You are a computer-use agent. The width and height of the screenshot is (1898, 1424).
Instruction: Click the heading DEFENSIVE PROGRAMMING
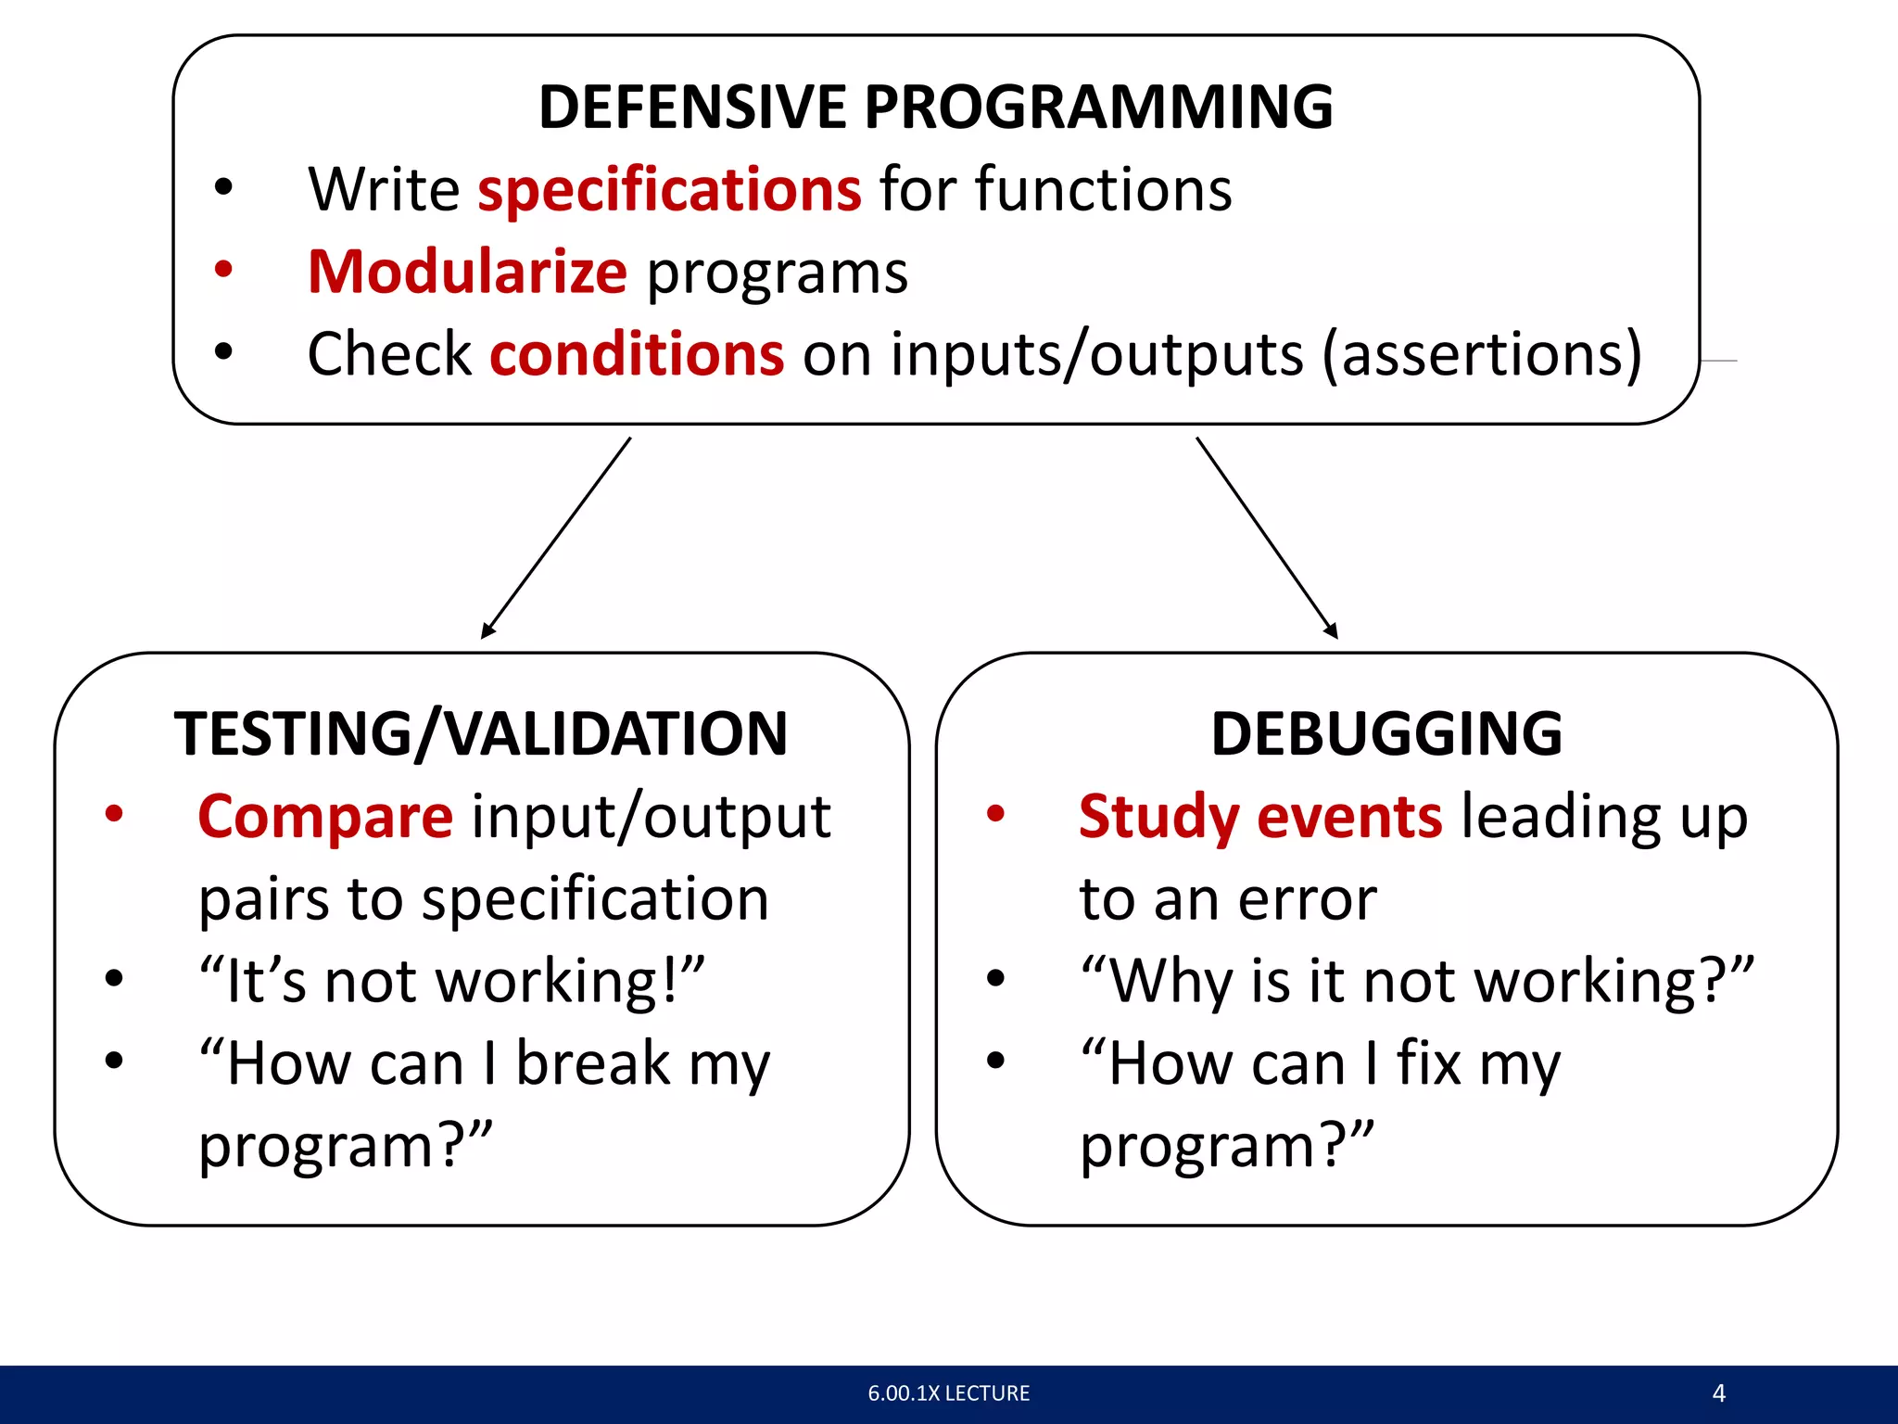[935, 107]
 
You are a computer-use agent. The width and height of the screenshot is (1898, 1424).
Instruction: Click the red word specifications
[669, 190]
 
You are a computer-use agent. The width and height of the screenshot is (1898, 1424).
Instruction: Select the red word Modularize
[467, 273]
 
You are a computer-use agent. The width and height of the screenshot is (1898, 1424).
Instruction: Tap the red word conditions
[637, 355]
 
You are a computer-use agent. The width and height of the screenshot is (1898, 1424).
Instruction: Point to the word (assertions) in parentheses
[1481, 355]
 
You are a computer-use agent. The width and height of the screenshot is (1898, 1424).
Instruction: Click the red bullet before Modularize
[223, 270]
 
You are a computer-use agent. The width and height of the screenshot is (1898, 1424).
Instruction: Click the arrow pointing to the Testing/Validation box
[556, 538]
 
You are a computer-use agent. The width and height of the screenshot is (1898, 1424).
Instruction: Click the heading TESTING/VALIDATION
[480, 734]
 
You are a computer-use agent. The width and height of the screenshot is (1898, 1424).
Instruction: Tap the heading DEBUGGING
[1386, 734]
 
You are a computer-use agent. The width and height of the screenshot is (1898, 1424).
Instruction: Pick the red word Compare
[325, 818]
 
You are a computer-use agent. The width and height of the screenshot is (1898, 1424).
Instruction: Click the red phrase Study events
[1260, 818]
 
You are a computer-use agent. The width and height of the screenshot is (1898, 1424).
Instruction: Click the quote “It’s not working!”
[452, 981]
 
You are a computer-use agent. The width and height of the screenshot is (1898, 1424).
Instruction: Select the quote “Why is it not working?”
[1417, 981]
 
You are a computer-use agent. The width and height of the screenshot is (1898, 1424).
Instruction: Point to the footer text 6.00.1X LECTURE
[948, 1393]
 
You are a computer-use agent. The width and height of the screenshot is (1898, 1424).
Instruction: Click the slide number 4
[1718, 1393]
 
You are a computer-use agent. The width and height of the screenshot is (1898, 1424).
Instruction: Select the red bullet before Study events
[995, 815]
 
